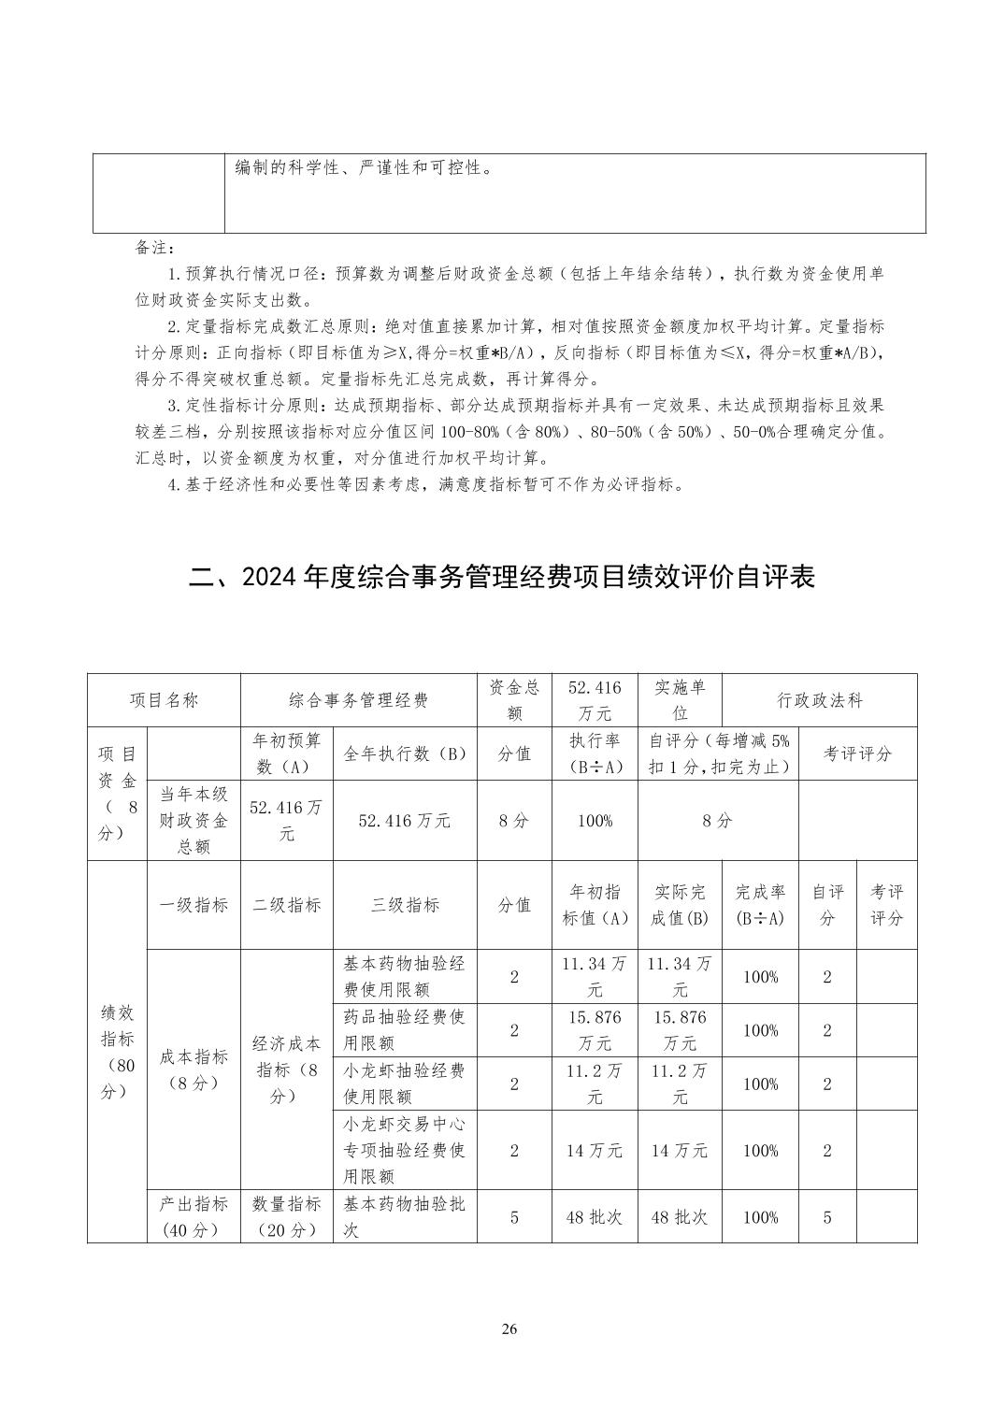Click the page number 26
pos(509,1329)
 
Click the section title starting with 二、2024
pos(502,576)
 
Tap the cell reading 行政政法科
pos(819,700)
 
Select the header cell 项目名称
pos(164,700)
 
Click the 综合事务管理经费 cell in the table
pos(358,700)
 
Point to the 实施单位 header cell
pos(680,700)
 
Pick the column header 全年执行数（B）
pos(405,754)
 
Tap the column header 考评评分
pos(857,754)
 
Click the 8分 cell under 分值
pos(514,821)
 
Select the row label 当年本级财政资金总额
pos(194,821)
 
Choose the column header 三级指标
pos(405,905)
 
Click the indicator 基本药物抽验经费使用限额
pos(405,977)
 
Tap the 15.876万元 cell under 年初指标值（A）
pos(595,1030)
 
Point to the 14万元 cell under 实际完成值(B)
pos(680,1151)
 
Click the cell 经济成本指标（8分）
pos(287,1069)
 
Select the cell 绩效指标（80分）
pos(117,1051)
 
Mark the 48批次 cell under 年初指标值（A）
pos(595,1217)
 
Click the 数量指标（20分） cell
pos(287,1217)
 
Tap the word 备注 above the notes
pos(149,248)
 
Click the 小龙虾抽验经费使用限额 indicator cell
pos(405,1084)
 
